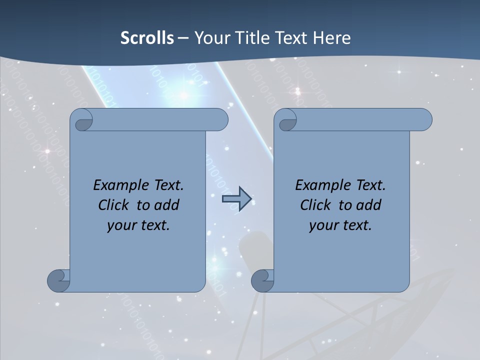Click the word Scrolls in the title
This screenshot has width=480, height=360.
point(147,38)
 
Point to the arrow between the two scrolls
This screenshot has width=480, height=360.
point(236,199)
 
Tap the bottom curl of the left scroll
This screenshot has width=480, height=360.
point(58,280)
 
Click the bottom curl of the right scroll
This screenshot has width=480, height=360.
point(262,280)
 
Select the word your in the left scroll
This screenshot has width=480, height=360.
point(120,225)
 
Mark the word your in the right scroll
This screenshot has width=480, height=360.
point(322,225)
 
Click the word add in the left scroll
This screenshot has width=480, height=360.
point(167,205)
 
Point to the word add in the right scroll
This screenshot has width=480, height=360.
point(369,205)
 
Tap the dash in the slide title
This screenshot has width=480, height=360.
point(183,38)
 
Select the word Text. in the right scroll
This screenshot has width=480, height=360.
point(370,185)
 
